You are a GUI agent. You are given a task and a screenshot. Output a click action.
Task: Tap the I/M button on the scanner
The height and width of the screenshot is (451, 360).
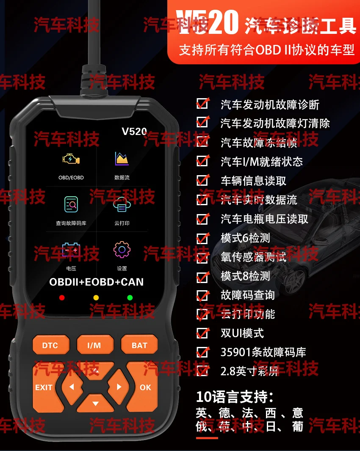point(94,345)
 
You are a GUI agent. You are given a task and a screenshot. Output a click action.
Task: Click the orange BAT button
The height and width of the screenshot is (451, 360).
point(139,345)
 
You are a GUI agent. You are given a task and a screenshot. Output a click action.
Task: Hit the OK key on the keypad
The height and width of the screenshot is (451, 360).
point(145,387)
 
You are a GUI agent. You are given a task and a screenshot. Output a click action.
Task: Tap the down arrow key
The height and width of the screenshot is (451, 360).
point(95,404)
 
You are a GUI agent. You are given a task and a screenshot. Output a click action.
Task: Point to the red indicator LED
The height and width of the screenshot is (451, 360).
point(62,297)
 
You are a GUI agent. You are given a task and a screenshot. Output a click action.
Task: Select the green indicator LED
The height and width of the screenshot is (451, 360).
point(130,297)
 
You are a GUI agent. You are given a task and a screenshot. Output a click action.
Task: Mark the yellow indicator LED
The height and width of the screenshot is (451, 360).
point(96,297)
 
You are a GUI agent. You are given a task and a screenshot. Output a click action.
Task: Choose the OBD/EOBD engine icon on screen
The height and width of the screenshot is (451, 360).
point(71,159)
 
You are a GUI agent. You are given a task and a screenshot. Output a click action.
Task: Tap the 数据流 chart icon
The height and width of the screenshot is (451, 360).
point(122,159)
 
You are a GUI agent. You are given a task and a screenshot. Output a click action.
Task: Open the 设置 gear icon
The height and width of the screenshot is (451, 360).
point(122,250)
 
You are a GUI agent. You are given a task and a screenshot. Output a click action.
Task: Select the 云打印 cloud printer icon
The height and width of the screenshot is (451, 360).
point(122,206)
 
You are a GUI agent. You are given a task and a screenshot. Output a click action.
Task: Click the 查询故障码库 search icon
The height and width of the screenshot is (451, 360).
point(71,205)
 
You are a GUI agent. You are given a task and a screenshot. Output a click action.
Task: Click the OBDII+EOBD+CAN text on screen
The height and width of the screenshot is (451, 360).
point(96,282)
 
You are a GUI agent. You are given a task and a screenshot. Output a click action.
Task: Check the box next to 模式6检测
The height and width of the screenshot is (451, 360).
point(202,238)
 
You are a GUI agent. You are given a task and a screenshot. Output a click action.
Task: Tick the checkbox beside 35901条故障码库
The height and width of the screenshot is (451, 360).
point(202,352)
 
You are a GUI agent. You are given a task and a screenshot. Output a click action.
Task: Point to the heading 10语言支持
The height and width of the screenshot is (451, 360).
point(235,397)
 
